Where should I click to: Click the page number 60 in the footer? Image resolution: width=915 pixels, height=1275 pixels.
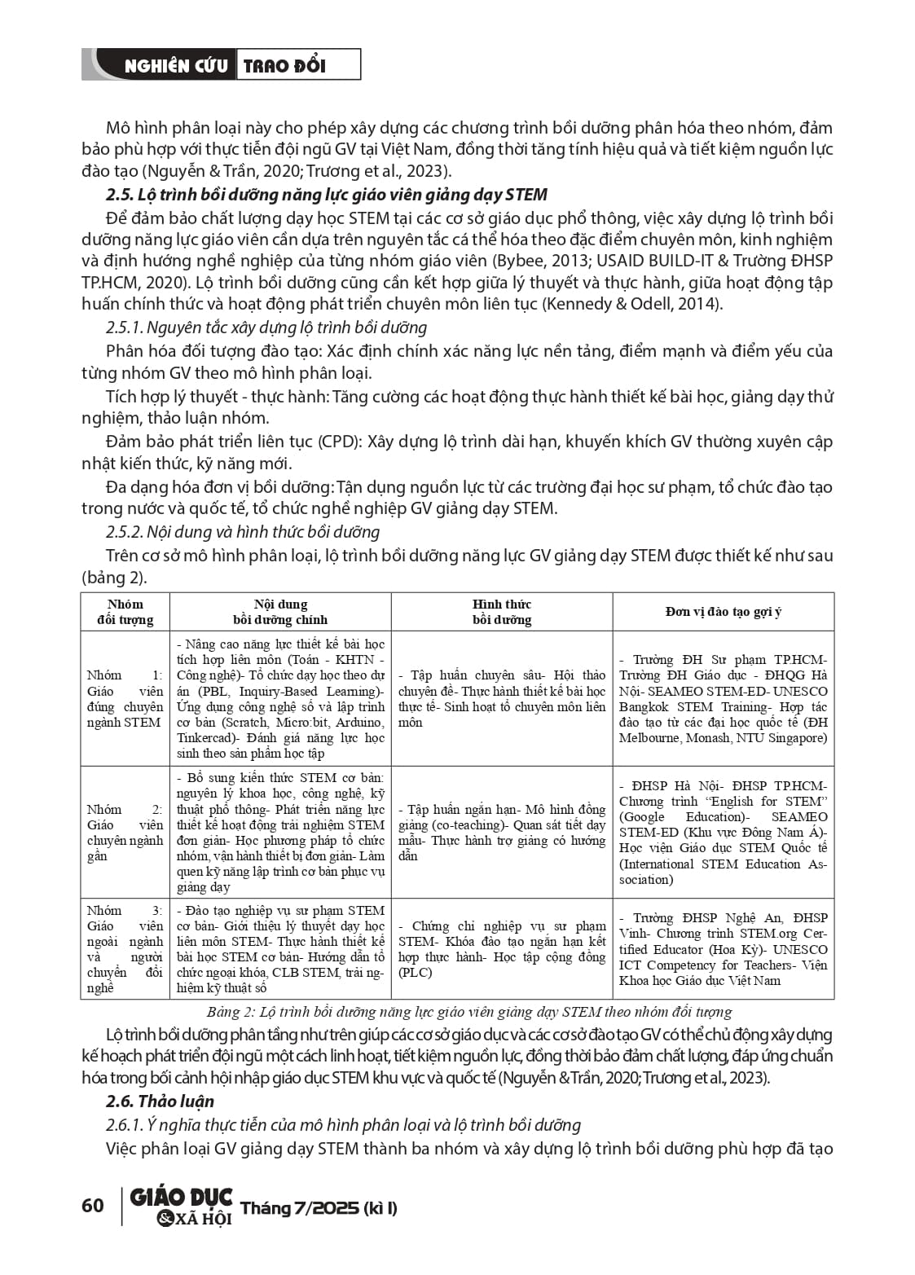(93, 1205)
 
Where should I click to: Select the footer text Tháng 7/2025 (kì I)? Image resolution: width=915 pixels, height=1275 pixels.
(319, 1207)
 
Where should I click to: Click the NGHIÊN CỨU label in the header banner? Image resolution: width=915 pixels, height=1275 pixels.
(175, 66)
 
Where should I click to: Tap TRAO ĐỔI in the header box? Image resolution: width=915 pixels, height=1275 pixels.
(284, 66)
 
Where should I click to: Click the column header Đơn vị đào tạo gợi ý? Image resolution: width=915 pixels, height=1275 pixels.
(723, 612)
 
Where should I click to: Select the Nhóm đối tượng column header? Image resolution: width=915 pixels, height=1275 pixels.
(125, 612)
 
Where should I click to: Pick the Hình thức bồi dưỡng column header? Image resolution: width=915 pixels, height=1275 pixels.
(502, 612)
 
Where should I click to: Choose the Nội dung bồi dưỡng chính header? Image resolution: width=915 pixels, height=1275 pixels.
(280, 612)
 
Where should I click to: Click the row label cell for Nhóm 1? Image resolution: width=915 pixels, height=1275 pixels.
(125, 698)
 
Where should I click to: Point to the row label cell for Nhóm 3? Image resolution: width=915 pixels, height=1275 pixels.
(125, 949)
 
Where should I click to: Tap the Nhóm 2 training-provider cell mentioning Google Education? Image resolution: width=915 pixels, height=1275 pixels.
(723, 833)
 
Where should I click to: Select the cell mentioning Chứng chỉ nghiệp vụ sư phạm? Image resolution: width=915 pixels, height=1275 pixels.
(502, 949)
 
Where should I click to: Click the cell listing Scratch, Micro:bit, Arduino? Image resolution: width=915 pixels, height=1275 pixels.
(280, 698)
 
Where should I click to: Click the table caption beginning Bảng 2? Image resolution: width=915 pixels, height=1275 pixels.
(468, 1013)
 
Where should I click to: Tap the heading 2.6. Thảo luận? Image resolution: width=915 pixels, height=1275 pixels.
(160, 1101)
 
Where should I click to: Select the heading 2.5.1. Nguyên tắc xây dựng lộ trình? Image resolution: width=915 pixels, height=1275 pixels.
(266, 328)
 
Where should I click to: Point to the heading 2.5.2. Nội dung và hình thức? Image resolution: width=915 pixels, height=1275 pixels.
(243, 532)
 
